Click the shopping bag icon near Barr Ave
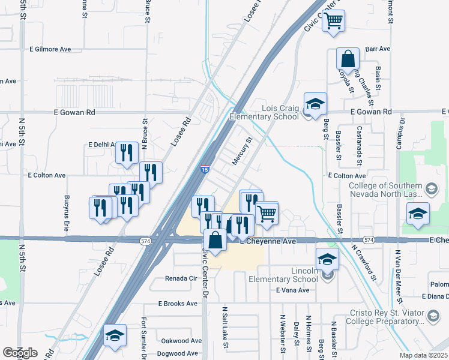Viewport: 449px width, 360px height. pyautogui.click(x=348, y=60)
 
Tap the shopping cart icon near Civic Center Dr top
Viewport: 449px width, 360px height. pyautogui.click(x=333, y=21)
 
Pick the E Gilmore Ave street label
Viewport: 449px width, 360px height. pyautogui.click(x=53, y=49)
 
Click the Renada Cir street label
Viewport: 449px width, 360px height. pyautogui.click(x=181, y=279)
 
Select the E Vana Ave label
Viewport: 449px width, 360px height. pyautogui.click(x=292, y=290)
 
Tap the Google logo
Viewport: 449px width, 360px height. pyautogui.click(x=20, y=353)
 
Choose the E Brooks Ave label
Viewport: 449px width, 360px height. pyautogui.click(x=178, y=304)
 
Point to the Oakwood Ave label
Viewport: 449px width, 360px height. pyautogui.click(x=181, y=340)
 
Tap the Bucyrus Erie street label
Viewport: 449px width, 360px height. pyautogui.click(x=67, y=213)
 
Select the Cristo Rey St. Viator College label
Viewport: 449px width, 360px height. pyautogui.click(x=387, y=317)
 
